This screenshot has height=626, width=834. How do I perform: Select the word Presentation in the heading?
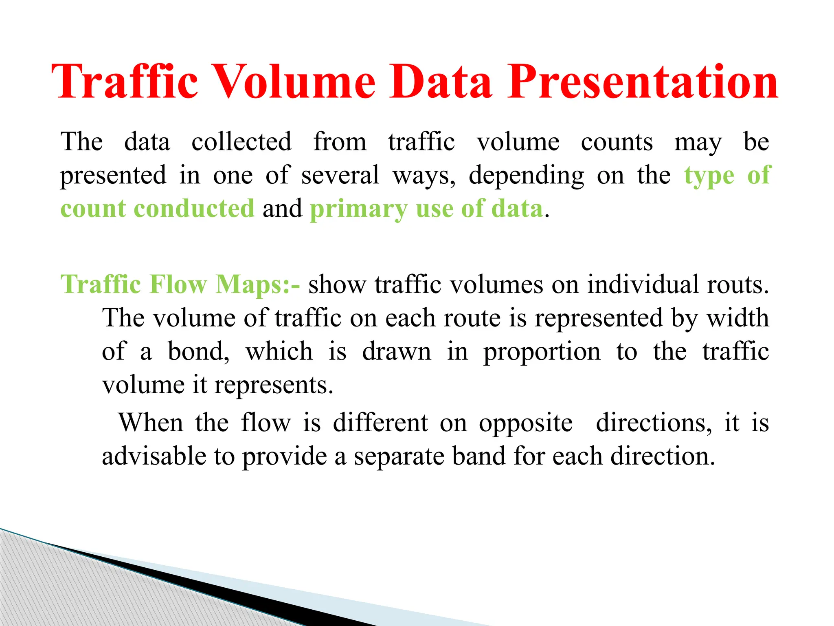[643, 82]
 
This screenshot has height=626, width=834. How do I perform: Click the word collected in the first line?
[241, 142]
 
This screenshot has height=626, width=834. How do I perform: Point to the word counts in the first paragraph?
[617, 142]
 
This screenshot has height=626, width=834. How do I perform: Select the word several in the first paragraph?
[340, 175]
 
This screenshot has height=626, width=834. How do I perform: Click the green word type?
[709, 176]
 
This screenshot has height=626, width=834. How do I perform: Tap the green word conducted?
[194, 209]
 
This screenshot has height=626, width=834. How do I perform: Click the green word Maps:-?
[258, 284]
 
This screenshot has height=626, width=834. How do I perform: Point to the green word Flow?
[178, 284]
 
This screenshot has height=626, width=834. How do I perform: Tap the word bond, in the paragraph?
[199, 351]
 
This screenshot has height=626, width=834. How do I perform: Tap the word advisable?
[154, 456]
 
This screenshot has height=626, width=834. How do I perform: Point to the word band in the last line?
[478, 456]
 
